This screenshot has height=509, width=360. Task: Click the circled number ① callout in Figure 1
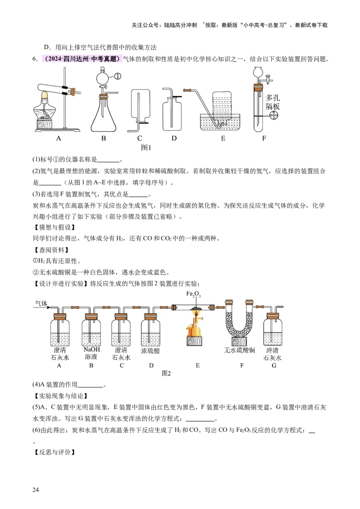pyautogui.click(x=117, y=76)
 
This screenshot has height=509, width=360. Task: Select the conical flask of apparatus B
pyautogui.click(x=103, y=114)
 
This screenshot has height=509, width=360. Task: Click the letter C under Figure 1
pyautogui.click(x=139, y=138)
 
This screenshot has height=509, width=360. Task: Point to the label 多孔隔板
pyautogui.click(x=273, y=102)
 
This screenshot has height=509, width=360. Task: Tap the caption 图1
pyautogui.click(x=146, y=147)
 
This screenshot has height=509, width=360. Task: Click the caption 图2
pyautogui.click(x=166, y=373)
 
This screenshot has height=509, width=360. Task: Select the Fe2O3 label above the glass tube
pyautogui.click(x=193, y=294)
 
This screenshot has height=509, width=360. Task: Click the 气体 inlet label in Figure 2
pyautogui.click(x=41, y=304)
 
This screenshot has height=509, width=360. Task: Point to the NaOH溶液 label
pyautogui.click(x=91, y=353)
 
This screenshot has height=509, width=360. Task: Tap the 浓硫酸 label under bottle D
pyautogui.click(x=150, y=351)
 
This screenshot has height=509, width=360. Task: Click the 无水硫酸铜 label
pyautogui.click(x=239, y=350)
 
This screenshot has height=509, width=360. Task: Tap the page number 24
pyautogui.click(x=36, y=490)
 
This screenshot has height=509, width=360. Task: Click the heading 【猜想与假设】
pyautogui.click(x=54, y=227)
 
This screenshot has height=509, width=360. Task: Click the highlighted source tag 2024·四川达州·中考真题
pyautogui.click(x=82, y=59)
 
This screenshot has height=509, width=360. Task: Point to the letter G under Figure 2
pyautogui.click(x=274, y=366)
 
